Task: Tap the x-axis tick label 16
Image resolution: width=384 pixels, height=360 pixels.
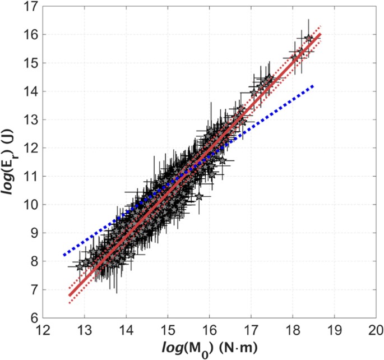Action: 209,329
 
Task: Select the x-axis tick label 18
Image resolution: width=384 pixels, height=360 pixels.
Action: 293,329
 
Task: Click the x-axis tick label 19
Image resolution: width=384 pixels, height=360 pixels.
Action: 335,329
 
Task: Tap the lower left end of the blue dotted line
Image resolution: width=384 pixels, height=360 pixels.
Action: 64,255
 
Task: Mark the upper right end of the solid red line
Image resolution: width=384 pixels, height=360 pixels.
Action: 320,34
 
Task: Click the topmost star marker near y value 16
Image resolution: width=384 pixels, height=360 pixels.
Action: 308,38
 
